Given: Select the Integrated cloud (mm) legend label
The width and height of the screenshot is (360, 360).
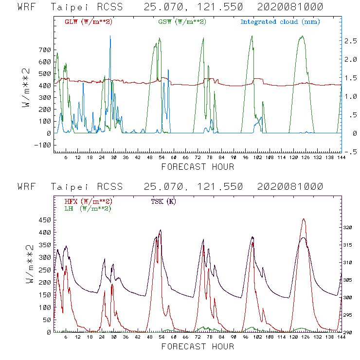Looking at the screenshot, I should pos(280,22).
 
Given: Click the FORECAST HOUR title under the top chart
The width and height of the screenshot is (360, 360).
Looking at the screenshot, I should pos(197,167).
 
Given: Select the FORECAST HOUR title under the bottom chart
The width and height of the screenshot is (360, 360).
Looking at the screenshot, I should pos(197,346).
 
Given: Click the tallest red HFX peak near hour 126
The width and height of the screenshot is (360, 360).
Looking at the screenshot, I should pos(304,219).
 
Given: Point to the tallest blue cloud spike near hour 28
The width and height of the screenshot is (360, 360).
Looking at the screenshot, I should pos(110,36).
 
